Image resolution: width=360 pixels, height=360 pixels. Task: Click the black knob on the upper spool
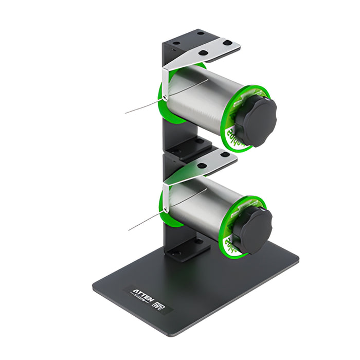(x=256, y=121)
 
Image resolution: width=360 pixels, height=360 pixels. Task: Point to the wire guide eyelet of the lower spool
(x=166, y=210)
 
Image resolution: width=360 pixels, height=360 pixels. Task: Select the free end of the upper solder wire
(x=126, y=112)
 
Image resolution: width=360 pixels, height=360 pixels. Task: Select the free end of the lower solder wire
(x=129, y=230)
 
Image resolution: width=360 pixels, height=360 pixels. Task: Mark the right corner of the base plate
(x=297, y=256)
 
